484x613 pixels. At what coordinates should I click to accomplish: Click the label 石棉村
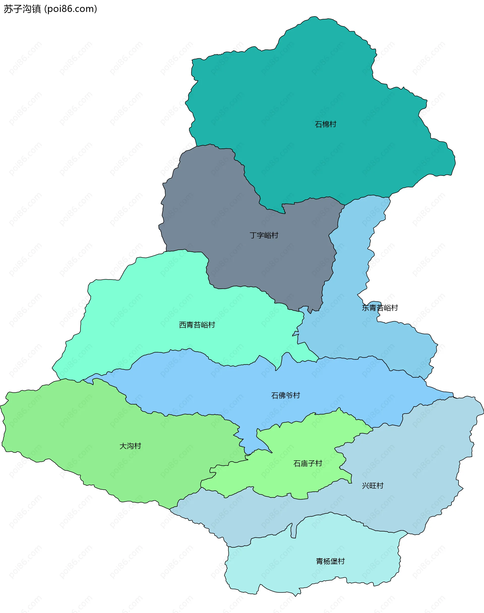tap(325, 124)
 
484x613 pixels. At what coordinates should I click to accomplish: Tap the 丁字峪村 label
tap(264, 235)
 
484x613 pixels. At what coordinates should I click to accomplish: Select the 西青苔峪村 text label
tap(197, 325)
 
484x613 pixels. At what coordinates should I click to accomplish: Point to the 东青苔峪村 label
tap(380, 308)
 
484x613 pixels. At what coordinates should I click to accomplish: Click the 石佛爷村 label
tap(285, 395)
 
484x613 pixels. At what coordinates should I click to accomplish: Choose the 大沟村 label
tap(130, 446)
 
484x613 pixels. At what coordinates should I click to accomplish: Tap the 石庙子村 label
tap(308, 463)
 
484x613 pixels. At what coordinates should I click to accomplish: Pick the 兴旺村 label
tap(373, 486)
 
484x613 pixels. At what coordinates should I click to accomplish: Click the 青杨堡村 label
tap(330, 561)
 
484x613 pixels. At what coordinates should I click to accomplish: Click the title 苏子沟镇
tap(22, 9)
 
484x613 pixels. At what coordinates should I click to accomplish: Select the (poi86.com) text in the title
tap(71, 9)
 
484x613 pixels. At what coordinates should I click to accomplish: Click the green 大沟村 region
tap(85, 425)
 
